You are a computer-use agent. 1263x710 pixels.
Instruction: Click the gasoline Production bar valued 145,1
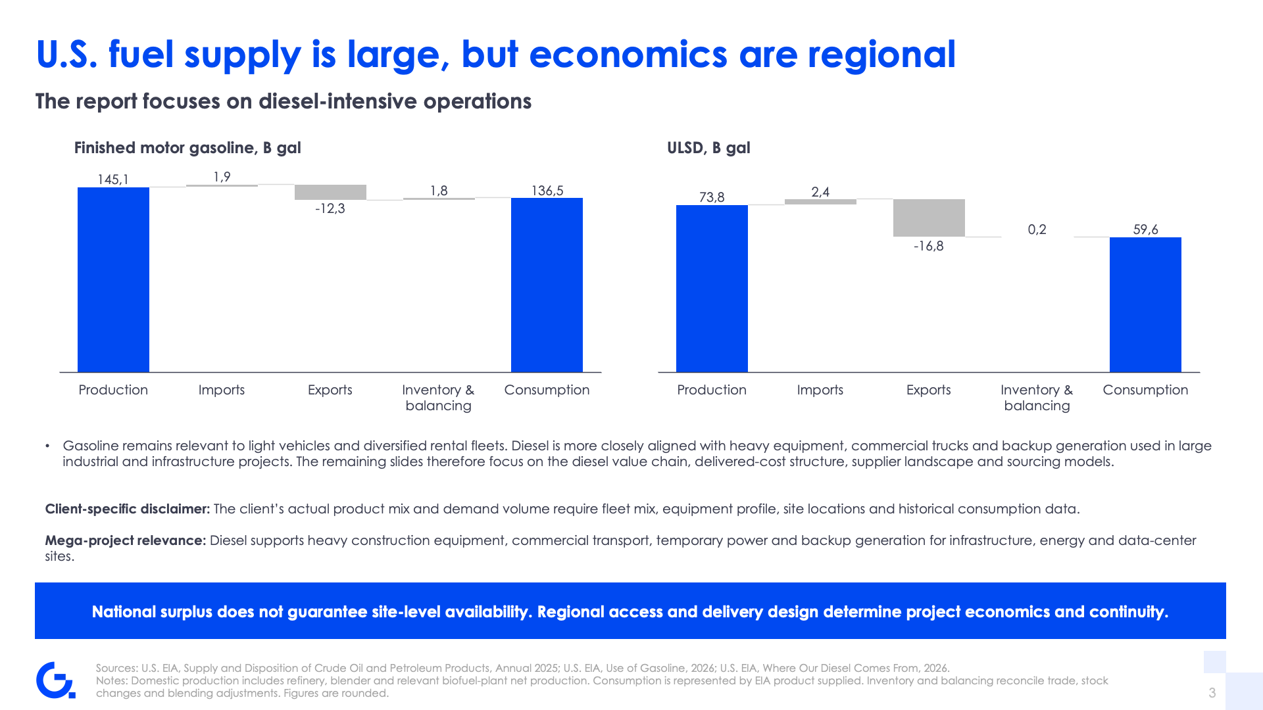pos(113,279)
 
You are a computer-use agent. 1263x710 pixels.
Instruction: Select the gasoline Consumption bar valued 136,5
pos(547,285)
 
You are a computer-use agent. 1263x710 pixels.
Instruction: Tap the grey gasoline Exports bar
pos(330,192)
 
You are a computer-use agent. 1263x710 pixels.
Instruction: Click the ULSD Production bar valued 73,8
pos(712,289)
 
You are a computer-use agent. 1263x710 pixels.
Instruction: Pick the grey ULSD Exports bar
pos(929,218)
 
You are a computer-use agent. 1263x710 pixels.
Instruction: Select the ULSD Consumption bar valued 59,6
pos(1145,304)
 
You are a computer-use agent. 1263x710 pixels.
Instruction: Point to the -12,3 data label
pos(330,208)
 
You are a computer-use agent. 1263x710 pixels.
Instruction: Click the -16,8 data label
pos(929,246)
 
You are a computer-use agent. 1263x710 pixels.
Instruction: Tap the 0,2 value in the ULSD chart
pos(1037,229)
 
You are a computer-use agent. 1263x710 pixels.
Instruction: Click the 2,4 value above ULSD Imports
pos(820,192)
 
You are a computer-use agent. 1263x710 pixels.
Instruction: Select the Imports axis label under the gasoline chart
pos(222,390)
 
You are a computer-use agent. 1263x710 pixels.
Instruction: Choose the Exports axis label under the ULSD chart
pos(929,390)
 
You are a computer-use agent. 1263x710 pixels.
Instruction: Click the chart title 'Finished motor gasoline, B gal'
pos(187,148)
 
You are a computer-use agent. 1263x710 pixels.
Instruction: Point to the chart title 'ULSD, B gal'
pos(708,148)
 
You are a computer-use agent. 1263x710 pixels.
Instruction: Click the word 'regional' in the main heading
pos(881,55)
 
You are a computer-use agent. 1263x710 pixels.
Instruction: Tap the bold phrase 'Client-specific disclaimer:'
pos(128,509)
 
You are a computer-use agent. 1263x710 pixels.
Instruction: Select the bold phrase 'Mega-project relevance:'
pos(126,540)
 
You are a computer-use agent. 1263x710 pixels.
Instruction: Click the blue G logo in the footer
pos(55,680)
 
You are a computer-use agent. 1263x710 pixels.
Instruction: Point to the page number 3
pos(1212,693)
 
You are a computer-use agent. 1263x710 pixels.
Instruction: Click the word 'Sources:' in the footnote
pos(117,668)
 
